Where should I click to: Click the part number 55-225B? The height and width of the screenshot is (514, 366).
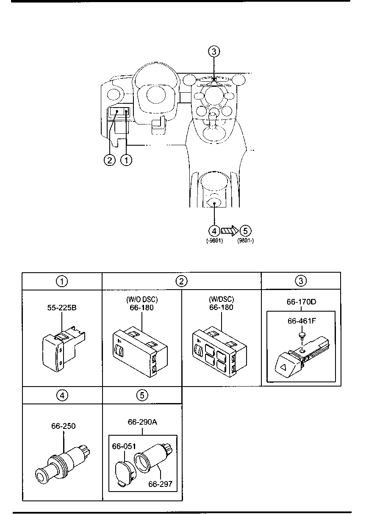click(62, 307)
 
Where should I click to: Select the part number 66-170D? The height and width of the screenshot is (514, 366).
click(301, 302)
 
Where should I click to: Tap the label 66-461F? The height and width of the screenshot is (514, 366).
click(302, 321)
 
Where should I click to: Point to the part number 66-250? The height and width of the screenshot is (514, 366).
click(64, 426)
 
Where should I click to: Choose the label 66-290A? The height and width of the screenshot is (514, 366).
click(142, 422)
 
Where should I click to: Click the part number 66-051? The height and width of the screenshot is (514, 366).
click(124, 446)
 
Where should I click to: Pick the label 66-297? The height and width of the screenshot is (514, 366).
click(160, 484)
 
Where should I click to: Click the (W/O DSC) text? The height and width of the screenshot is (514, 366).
click(142, 299)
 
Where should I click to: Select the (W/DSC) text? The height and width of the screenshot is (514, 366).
click(222, 299)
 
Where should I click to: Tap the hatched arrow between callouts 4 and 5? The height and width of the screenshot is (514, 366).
click(230, 231)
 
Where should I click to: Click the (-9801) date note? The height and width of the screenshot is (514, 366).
click(214, 241)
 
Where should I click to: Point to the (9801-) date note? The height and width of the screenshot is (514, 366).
click(245, 241)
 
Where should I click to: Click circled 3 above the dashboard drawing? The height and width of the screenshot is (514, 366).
click(214, 52)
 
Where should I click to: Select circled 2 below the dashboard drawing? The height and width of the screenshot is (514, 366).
click(110, 160)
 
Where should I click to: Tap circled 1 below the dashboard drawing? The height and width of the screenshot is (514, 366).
click(126, 160)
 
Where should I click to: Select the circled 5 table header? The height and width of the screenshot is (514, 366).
click(142, 395)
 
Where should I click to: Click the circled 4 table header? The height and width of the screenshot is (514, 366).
click(62, 395)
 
